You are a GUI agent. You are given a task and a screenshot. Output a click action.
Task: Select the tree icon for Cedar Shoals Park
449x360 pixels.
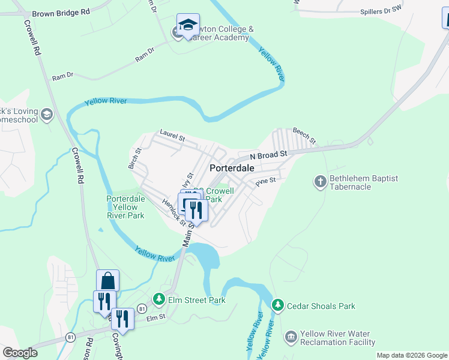(277, 305)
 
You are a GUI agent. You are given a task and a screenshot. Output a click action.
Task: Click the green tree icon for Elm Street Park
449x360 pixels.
(158, 298)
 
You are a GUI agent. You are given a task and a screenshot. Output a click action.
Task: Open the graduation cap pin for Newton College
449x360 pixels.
(188, 26)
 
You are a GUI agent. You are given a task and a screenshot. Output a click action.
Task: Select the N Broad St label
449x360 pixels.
(269, 155)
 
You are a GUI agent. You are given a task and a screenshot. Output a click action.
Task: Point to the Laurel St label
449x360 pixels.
(172, 135)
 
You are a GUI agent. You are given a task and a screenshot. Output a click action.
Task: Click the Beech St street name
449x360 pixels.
(304, 136)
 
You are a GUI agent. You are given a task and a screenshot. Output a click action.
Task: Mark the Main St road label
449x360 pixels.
(187, 233)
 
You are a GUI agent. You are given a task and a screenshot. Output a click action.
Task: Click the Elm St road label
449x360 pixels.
(155, 317)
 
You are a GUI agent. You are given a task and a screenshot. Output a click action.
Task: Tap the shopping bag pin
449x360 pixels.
(108, 280)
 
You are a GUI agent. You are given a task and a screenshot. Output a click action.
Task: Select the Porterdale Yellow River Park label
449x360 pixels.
(126, 207)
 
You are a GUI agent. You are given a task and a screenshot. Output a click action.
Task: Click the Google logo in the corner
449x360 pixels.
(20, 352)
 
